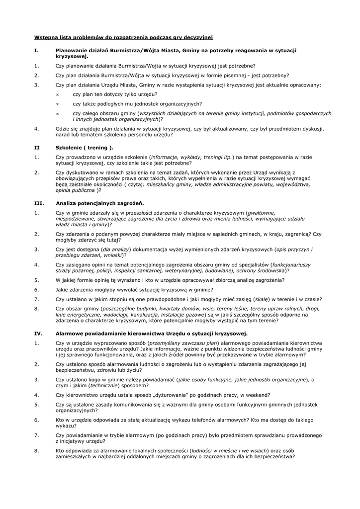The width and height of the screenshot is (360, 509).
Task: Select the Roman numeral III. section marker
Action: (x=38, y=203)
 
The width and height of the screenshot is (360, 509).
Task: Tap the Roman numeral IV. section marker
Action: (x=38, y=334)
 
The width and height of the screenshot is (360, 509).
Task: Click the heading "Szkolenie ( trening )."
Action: (x=85, y=147)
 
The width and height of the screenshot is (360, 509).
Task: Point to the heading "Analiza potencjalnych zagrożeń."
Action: (x=100, y=203)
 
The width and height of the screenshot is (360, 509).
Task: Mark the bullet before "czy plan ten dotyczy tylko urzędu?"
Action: (x=58, y=94)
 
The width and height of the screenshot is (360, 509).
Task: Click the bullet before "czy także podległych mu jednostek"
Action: (x=58, y=104)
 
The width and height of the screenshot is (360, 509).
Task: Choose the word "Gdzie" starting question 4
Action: (x=63, y=128)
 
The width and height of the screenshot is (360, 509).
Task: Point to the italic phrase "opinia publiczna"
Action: (x=75, y=190)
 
